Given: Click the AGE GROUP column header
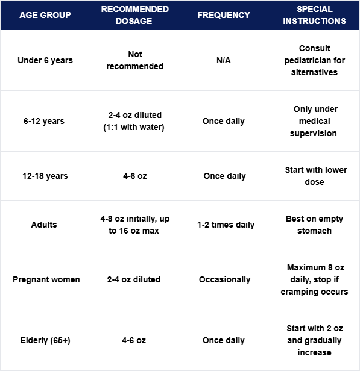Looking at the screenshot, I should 45,15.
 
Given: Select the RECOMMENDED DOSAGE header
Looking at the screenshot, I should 134,15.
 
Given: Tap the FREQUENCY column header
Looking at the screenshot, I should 224,15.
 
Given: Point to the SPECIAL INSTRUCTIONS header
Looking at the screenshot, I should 314,15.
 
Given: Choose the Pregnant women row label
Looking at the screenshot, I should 46,279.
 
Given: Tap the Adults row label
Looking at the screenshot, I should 43,225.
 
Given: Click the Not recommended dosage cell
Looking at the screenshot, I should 134,60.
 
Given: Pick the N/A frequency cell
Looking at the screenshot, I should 224,60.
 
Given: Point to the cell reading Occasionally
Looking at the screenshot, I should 224,279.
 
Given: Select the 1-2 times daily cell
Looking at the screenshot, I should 224,225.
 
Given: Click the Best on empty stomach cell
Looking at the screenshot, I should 314,225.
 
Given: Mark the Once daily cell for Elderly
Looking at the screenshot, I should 224,340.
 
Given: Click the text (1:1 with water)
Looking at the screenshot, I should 134,127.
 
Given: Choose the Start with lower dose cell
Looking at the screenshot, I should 315,176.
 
